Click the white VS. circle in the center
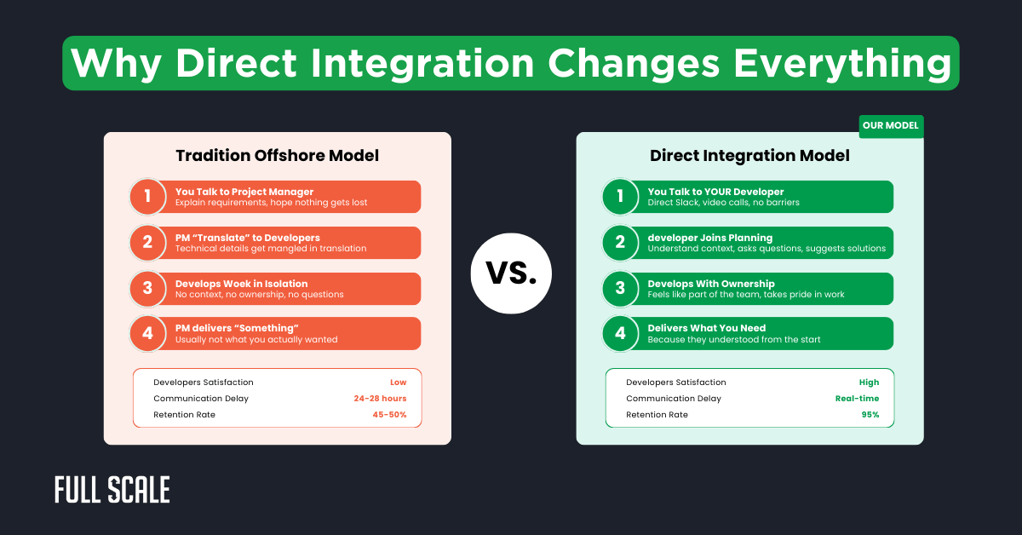tap(511, 273)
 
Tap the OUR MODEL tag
tap(890, 126)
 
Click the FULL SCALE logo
tap(112, 490)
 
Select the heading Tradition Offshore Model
tap(277, 156)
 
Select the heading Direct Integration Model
tap(749, 156)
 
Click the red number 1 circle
tap(147, 197)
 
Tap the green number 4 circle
tap(620, 333)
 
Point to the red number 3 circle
tap(147, 288)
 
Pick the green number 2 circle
tap(620, 243)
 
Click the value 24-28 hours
tap(380, 399)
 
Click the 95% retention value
tap(870, 415)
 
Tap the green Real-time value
tap(857, 399)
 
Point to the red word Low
tap(398, 383)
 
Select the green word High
tap(869, 383)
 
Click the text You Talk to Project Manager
tap(244, 192)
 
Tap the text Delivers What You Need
tap(706, 328)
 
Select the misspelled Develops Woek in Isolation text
tap(241, 284)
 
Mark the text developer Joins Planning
tap(709, 238)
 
